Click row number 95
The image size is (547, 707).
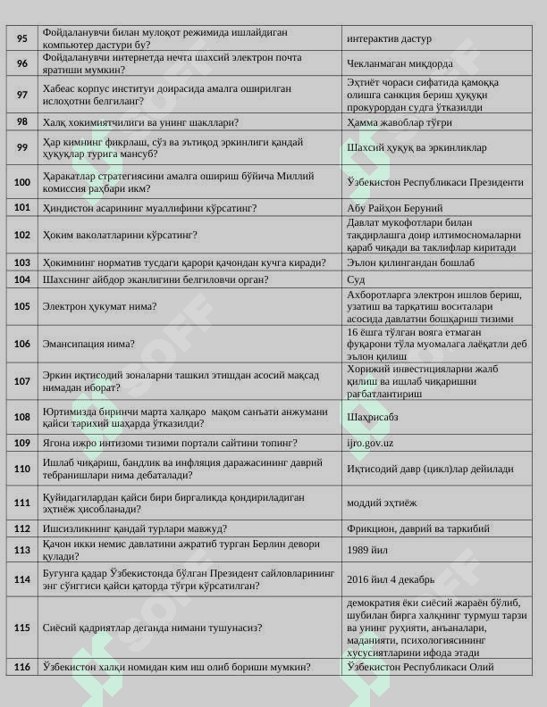click(22, 38)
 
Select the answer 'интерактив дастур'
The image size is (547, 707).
click(389, 39)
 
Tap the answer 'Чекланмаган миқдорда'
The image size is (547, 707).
click(400, 63)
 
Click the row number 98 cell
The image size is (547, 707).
click(22, 122)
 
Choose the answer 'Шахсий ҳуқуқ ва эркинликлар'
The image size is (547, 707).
click(417, 147)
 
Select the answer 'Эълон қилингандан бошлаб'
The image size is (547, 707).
click(410, 262)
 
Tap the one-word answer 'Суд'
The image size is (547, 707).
click(356, 279)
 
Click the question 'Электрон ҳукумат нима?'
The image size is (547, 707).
click(99, 306)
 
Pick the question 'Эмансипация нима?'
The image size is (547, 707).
click(88, 344)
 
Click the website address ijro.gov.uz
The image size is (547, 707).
click(370, 443)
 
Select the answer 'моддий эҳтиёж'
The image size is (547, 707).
click(382, 503)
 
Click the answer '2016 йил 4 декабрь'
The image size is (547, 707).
click(391, 578)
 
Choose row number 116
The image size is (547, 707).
click(22, 667)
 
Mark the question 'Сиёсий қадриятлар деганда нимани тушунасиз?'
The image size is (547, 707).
click(152, 628)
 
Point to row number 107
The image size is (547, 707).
click(22, 380)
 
